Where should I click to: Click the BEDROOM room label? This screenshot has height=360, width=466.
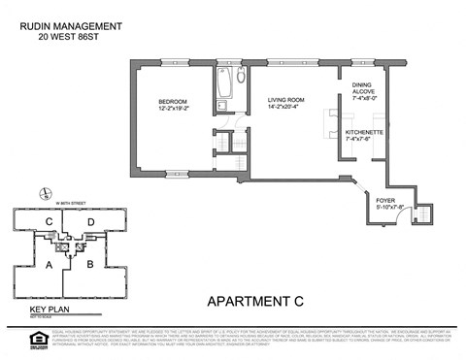tap(174, 102)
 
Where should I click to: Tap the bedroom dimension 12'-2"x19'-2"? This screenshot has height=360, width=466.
tap(174, 110)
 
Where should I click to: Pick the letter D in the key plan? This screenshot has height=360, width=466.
tap(89, 223)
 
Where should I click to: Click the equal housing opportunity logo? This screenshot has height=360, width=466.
tap(14, 339)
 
